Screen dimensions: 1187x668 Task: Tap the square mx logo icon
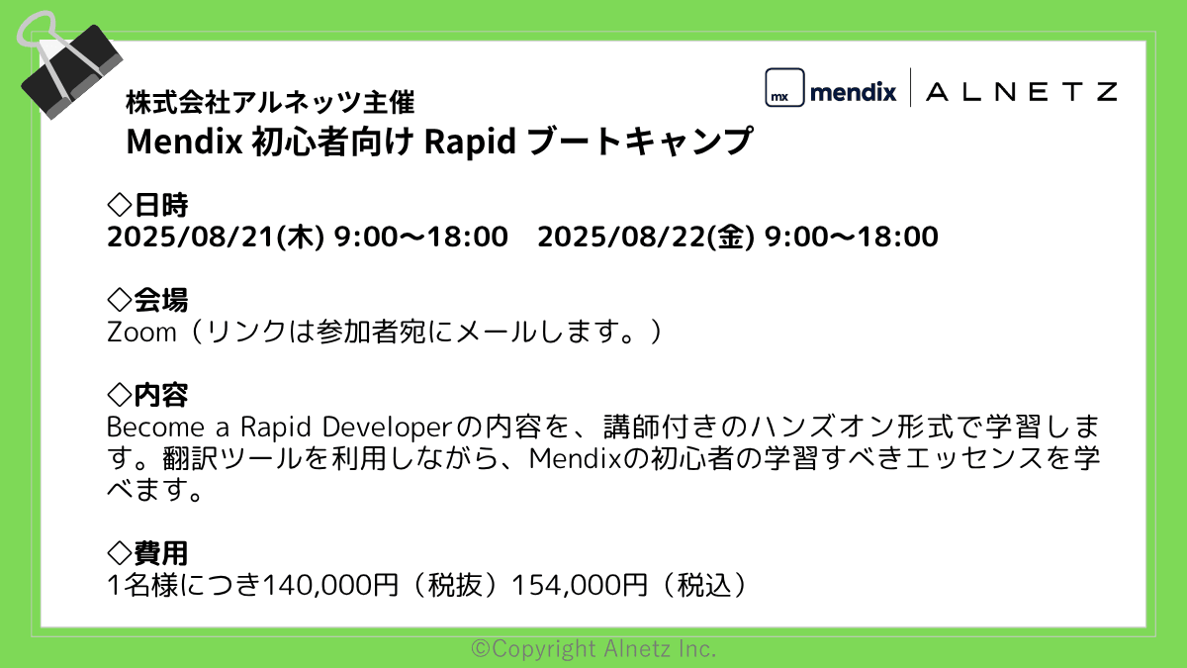784,87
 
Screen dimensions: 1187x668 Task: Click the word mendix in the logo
853,92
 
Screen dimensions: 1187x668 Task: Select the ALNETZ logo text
1022,92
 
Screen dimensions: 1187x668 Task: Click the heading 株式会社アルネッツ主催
270,102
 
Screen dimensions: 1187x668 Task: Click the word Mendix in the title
184,142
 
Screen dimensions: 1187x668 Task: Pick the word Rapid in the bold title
470,143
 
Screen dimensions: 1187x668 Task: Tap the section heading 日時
160,205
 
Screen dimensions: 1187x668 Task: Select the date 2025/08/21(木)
216,237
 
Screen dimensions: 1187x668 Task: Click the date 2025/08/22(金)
645,237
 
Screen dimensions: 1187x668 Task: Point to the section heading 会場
160,300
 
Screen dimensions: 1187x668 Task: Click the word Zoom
141,333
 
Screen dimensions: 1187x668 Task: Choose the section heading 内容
160,395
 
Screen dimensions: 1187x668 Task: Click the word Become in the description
155,428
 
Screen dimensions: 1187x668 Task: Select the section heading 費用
160,553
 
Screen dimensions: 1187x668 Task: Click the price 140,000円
330,585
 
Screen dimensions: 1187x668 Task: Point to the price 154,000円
580,585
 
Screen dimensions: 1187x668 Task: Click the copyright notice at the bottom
593,648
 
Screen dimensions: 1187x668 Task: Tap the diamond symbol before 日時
120,205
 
